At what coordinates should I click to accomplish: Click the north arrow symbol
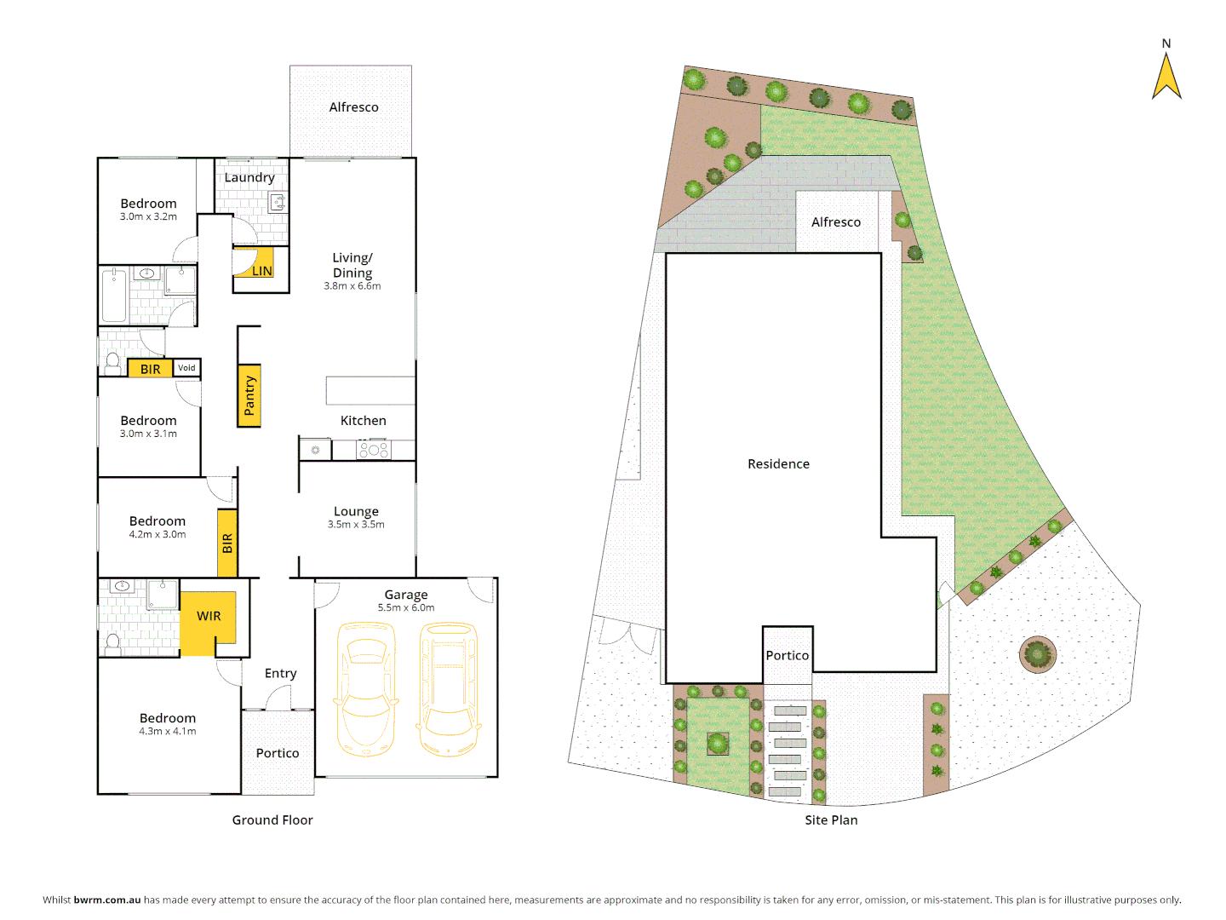[x=1166, y=77]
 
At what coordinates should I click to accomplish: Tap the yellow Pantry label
[x=249, y=395]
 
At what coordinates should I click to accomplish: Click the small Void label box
[x=186, y=368]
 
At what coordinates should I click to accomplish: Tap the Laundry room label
[x=249, y=177]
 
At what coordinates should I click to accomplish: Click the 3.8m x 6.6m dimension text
[x=352, y=286]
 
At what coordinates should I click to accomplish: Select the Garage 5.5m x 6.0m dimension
[x=406, y=608]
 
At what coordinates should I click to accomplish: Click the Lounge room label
[x=356, y=512]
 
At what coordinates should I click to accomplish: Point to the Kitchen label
[x=364, y=421]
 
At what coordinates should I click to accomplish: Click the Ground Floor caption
[x=272, y=820]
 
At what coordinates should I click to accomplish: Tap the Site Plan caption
[x=831, y=820]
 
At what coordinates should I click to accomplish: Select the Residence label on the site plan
[x=778, y=464]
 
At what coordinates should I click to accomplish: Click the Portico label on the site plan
[x=787, y=656]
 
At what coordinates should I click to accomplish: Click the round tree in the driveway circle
[x=1037, y=654]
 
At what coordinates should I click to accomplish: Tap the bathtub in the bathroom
[x=114, y=295]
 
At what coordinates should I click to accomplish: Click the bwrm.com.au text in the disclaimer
[x=107, y=900]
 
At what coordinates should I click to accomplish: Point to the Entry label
[x=280, y=674]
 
